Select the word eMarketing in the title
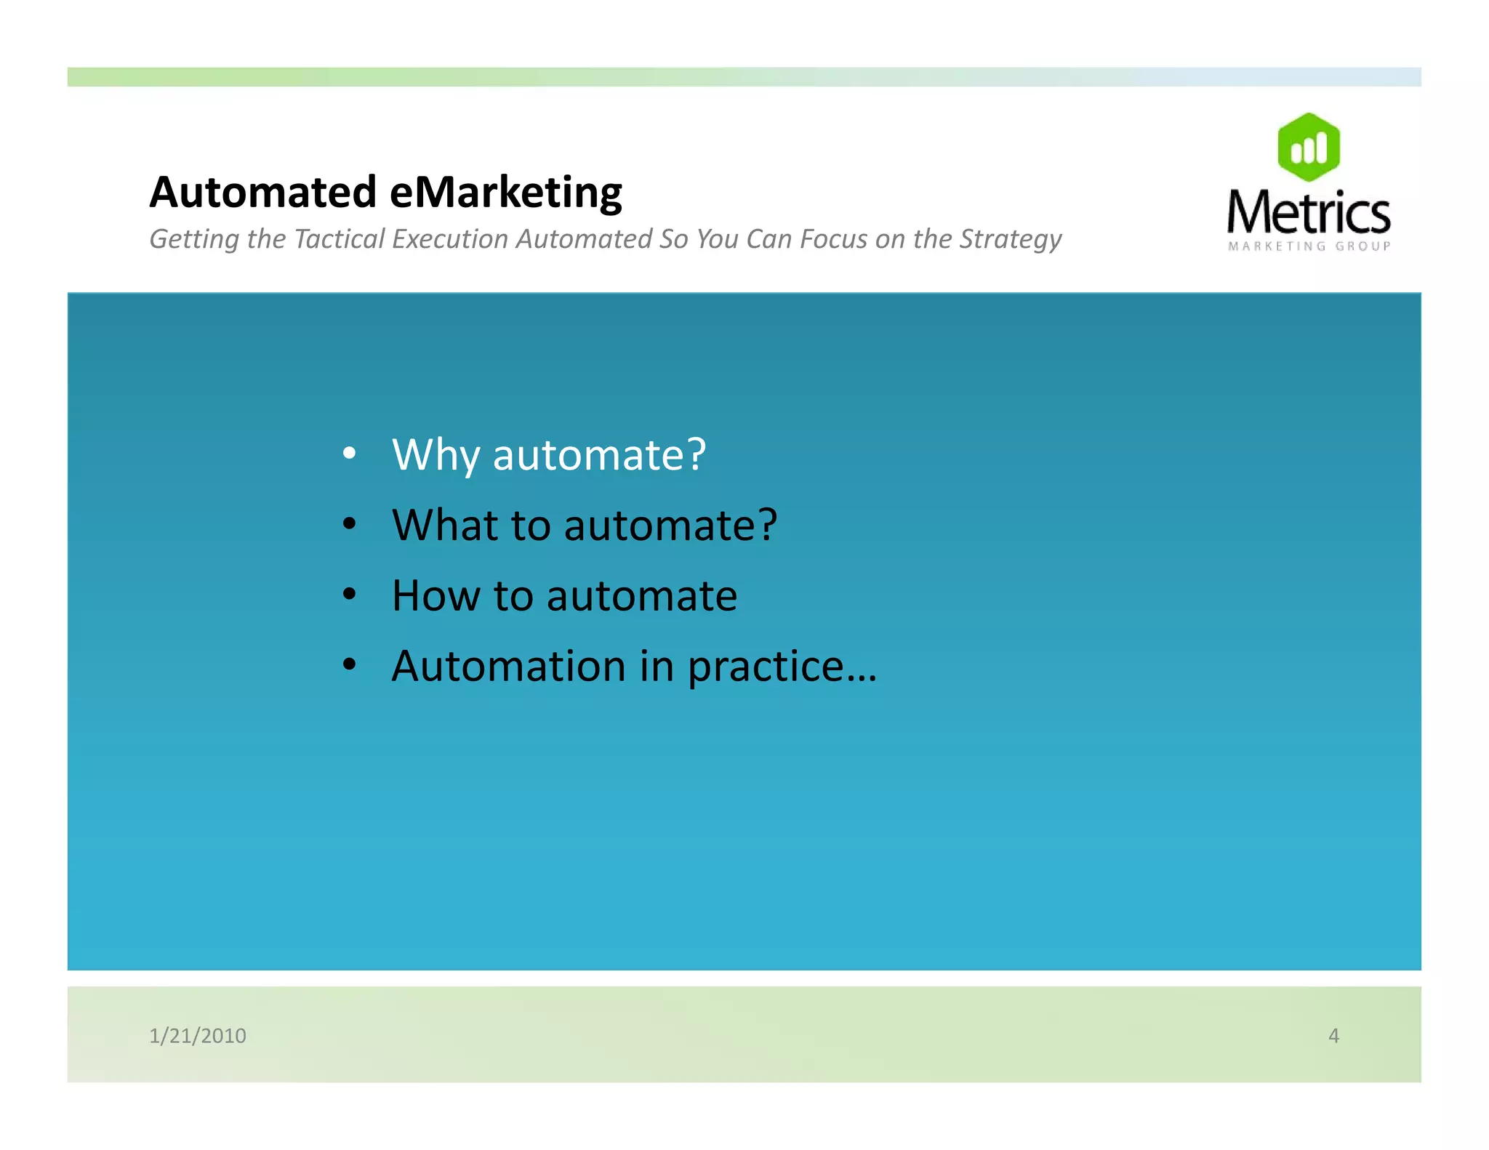click(506, 193)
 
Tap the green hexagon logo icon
click(1308, 147)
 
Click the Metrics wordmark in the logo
click(1308, 212)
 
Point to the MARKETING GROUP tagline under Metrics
click(1309, 246)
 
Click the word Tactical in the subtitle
click(339, 239)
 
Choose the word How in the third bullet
click(435, 595)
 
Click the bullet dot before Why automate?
click(350, 454)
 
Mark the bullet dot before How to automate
click(350, 595)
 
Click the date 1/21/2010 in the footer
click(198, 1035)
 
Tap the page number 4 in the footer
click(1333, 1035)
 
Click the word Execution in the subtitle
click(449, 239)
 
